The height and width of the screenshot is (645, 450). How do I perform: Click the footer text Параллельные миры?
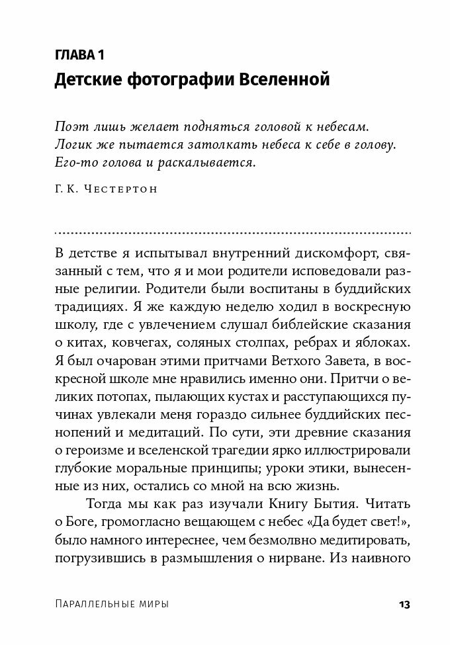coord(111,605)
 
